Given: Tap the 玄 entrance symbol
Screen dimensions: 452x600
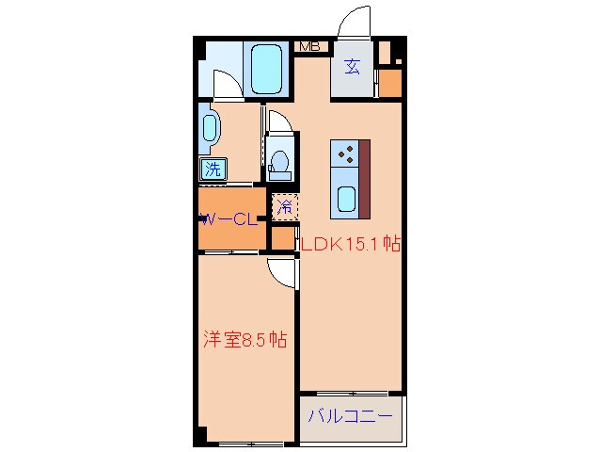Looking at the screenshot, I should (352, 66).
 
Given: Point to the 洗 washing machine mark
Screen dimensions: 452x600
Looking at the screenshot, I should (213, 169).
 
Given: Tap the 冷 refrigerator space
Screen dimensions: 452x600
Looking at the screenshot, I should (283, 205).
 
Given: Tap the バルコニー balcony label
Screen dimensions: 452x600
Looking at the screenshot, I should (351, 414).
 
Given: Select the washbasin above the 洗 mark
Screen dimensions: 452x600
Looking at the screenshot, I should (209, 129).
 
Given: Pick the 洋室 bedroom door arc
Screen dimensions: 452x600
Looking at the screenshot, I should (282, 270).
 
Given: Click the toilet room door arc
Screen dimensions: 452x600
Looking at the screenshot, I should (277, 122).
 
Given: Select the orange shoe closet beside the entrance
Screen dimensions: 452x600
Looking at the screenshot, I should (390, 84).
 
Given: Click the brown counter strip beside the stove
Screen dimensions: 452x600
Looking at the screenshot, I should (364, 176).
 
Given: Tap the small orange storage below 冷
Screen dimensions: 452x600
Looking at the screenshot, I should (282, 237).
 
